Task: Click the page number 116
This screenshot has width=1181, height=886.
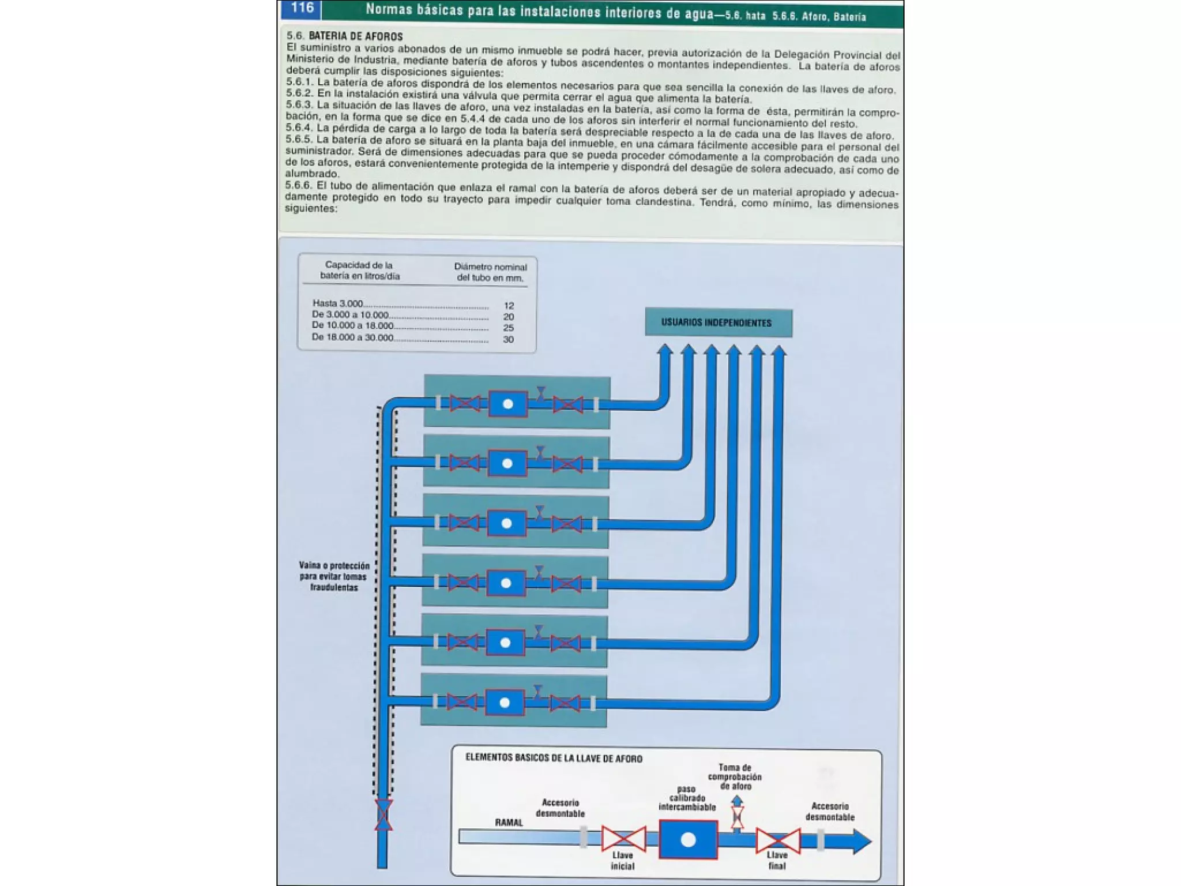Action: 302,8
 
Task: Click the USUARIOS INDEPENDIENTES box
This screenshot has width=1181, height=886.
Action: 718,323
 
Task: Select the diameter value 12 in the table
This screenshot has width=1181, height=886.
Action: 509,306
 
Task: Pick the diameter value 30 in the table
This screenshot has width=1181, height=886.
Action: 508,339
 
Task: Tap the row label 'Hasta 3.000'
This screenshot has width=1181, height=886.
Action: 338,303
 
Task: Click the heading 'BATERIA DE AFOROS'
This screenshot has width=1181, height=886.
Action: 356,37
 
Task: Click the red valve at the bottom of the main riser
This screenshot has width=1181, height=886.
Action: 383,814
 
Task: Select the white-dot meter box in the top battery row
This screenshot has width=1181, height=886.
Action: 508,404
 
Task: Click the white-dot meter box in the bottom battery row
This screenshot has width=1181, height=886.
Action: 505,703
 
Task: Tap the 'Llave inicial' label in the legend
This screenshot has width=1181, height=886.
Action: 623,861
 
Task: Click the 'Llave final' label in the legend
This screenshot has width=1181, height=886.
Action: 777,860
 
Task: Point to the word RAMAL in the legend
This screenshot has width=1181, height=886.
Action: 509,823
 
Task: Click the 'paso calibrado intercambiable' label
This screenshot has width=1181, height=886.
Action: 687,798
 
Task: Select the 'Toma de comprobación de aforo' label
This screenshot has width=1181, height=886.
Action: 735,776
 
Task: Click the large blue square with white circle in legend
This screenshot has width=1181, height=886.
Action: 688,840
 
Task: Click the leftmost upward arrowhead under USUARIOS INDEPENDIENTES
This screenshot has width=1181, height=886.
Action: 665,350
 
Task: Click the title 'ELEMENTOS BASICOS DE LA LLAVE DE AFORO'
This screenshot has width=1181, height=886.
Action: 554,759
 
